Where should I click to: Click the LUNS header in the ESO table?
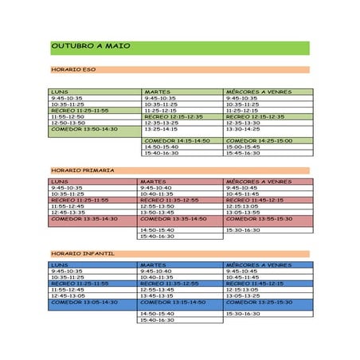60,92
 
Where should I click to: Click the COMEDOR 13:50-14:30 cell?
84,129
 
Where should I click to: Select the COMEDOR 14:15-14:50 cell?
177,141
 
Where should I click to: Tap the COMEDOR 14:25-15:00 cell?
259,141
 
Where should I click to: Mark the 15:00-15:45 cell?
243,147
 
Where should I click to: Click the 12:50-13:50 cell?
68,123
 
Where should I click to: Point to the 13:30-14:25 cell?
243,129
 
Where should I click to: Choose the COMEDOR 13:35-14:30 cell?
84,219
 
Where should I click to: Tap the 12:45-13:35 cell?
68,213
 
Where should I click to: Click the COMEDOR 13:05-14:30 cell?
84,302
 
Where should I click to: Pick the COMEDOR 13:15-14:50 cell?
173,302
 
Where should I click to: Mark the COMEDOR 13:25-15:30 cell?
259,302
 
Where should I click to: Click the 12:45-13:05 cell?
68,295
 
